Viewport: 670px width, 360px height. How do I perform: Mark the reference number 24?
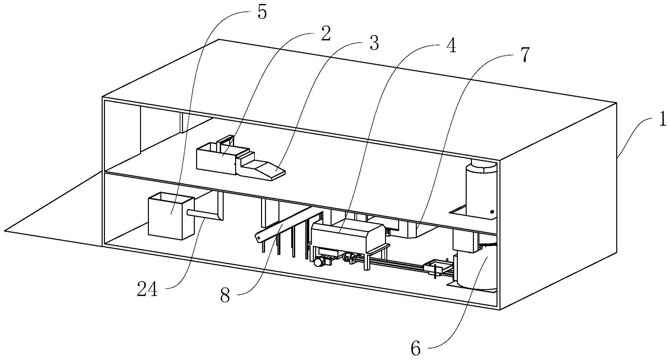point(147,290)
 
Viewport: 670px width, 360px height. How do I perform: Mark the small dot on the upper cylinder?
point(492,212)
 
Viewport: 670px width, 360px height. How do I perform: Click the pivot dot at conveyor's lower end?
point(259,237)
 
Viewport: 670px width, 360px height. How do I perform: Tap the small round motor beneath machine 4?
point(318,262)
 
